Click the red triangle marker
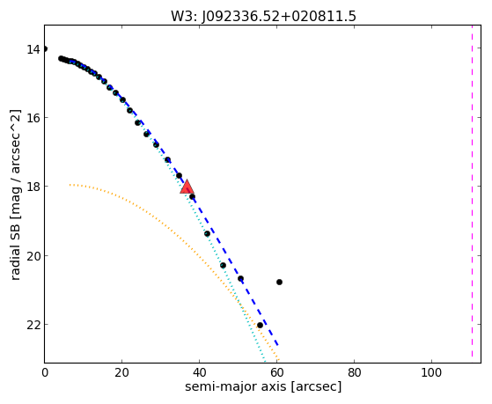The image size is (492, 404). click(x=187, y=187)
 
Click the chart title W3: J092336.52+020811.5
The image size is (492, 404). click(x=263, y=17)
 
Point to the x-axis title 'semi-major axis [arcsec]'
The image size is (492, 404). click(x=263, y=386)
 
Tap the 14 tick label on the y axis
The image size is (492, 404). click(x=33, y=49)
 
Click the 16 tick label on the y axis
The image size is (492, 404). click(x=33, y=119)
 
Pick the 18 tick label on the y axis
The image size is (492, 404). click(x=33, y=187)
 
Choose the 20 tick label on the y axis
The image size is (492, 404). click(x=33, y=256)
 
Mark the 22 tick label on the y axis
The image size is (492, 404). click(x=33, y=325)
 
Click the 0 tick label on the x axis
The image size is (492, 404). click(x=45, y=373)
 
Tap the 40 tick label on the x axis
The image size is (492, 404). click(x=199, y=373)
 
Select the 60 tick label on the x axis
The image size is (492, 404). click(x=276, y=373)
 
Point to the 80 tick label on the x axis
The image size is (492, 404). click(x=354, y=373)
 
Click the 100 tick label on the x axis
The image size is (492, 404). click(x=431, y=373)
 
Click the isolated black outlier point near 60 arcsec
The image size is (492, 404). click(x=279, y=283)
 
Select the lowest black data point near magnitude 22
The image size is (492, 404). click(x=260, y=325)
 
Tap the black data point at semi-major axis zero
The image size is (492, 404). click(x=45, y=48)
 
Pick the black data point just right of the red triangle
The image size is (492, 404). click(x=192, y=197)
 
